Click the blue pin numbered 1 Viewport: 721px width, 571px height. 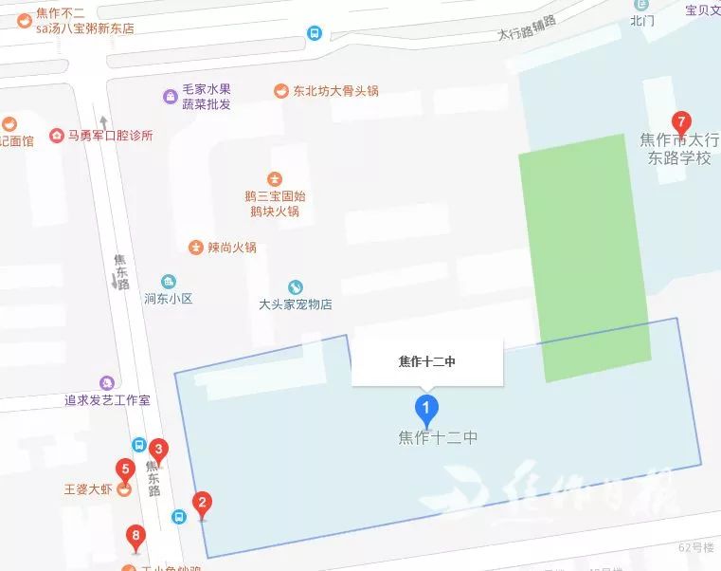tap(426, 411)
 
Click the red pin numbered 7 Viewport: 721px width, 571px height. tap(679, 123)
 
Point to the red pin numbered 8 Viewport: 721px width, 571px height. tap(136, 541)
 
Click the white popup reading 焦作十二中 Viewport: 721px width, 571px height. tap(426, 360)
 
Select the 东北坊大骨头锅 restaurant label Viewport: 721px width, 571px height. tap(327, 91)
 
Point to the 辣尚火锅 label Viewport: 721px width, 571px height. tap(224, 248)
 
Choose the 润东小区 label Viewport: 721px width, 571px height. tap(169, 298)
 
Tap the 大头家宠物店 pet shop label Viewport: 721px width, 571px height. tap(296, 304)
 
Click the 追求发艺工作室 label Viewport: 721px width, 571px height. tap(107, 400)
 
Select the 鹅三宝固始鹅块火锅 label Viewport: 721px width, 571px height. tap(275, 203)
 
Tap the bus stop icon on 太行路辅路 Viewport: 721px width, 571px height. tap(314, 33)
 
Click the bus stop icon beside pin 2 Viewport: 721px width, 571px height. tap(179, 517)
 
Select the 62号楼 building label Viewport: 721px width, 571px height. tap(694, 547)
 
